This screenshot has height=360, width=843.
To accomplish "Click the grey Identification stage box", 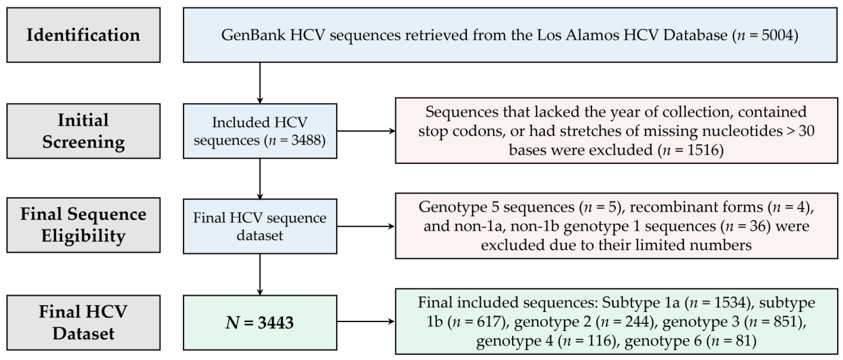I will [x=83, y=35].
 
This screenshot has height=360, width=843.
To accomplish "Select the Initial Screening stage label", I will [x=83, y=131].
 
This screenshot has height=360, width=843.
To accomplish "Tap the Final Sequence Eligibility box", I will [x=83, y=225].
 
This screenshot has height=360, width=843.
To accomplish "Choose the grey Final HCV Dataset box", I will [x=83, y=322].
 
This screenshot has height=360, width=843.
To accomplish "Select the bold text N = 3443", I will [x=259, y=323].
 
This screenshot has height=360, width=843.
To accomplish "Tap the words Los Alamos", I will [x=578, y=35].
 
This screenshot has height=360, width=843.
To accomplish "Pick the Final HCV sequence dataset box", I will [x=259, y=226].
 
